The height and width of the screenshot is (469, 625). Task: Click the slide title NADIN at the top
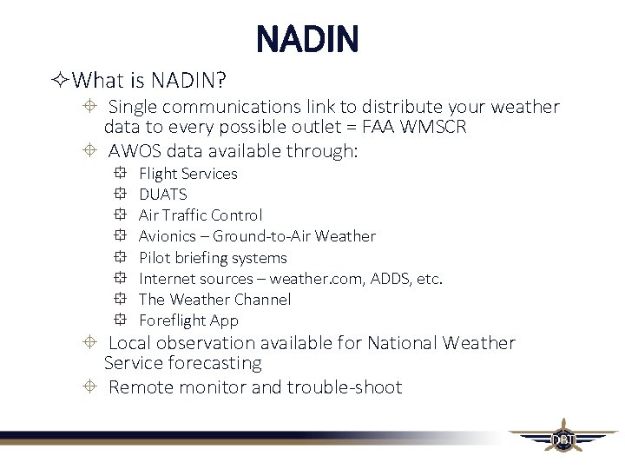307,39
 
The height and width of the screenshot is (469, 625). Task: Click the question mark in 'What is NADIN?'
221,82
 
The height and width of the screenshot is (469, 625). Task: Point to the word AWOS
135,151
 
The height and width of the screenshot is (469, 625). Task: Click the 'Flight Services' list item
187,174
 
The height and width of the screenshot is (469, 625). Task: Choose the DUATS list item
162,195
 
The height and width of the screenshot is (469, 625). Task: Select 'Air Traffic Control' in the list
200,215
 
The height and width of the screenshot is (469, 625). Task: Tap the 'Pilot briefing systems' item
213,258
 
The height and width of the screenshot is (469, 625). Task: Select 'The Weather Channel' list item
214,300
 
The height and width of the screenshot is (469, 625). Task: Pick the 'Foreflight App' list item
188,320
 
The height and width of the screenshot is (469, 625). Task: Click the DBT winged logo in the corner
562,439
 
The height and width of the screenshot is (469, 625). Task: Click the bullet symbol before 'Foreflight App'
120,320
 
